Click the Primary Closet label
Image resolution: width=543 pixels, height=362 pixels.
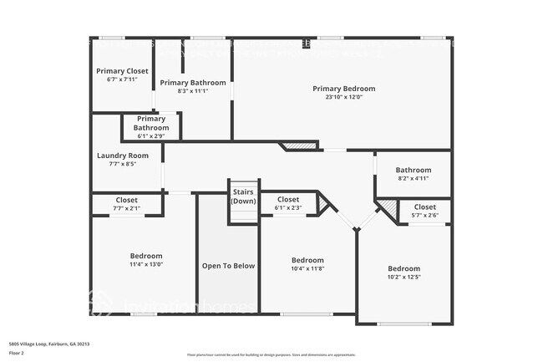(x=122, y=71)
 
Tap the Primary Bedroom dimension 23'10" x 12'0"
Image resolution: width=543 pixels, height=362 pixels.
(x=343, y=97)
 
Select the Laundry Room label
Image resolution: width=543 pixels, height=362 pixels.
(x=122, y=156)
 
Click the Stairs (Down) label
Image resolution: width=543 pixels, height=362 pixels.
(x=243, y=196)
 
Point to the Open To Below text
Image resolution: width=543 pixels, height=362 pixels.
(x=228, y=266)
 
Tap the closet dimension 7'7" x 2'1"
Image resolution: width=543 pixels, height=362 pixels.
(x=127, y=208)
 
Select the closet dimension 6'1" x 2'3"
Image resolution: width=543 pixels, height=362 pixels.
(x=288, y=208)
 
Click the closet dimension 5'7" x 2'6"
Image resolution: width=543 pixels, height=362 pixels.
(x=424, y=215)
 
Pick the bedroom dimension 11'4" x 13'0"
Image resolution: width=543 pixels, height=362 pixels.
(x=145, y=264)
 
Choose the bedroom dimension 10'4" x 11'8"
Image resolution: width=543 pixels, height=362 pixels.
(x=307, y=268)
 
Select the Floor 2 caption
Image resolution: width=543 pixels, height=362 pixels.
(x=17, y=353)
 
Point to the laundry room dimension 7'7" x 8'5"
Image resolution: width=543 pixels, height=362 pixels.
(x=122, y=164)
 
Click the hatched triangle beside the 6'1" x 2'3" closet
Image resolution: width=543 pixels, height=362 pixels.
(x=323, y=203)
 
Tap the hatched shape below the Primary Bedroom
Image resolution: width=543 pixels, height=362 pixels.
(x=302, y=146)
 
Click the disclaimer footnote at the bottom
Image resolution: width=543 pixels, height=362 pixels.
(x=271, y=355)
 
